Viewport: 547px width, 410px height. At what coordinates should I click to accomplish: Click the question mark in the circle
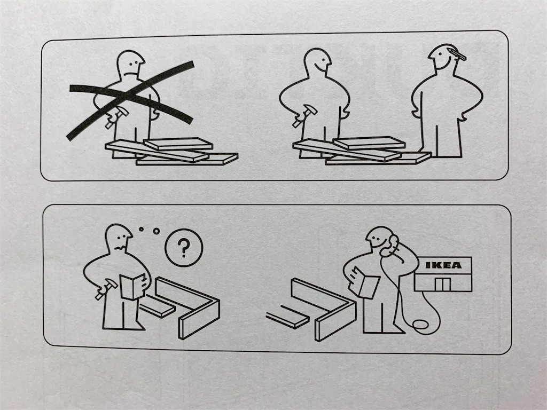184,248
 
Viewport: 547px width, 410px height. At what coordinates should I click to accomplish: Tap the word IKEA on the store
444,265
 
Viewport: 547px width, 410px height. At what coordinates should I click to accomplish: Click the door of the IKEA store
443,285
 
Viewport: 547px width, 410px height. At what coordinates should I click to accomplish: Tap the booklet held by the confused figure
132,287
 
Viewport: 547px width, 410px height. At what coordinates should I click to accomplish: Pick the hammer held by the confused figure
106,288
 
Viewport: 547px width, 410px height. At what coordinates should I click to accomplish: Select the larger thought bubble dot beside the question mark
157,231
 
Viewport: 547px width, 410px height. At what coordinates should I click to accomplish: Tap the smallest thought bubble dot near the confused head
141,230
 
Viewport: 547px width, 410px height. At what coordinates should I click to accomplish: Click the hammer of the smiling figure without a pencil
304,115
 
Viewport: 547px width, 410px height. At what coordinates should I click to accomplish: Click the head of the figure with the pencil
442,58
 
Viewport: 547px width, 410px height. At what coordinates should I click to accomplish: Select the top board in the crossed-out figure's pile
178,143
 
